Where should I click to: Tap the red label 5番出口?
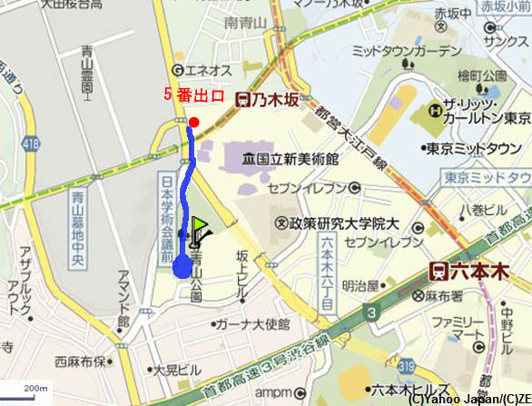pyautogui.click(x=193, y=94)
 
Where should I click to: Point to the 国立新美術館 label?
pyautogui.click(x=290, y=158)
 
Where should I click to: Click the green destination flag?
pyautogui.click(x=200, y=228)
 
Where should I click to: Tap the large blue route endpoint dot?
pyautogui.click(x=182, y=266)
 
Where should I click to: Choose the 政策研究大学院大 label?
pyautogui.click(x=338, y=223)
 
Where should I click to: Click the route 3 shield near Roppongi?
pyautogui.click(x=371, y=314)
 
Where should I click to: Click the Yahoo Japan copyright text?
pyautogui.click(x=468, y=398)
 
